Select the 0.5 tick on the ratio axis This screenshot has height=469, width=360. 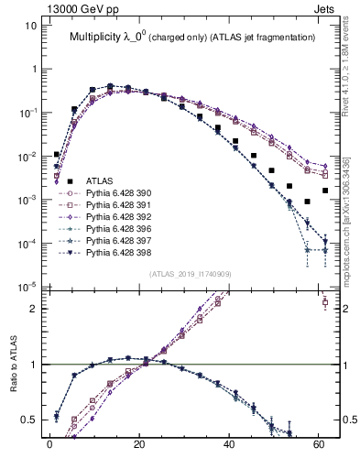click(29, 420)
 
